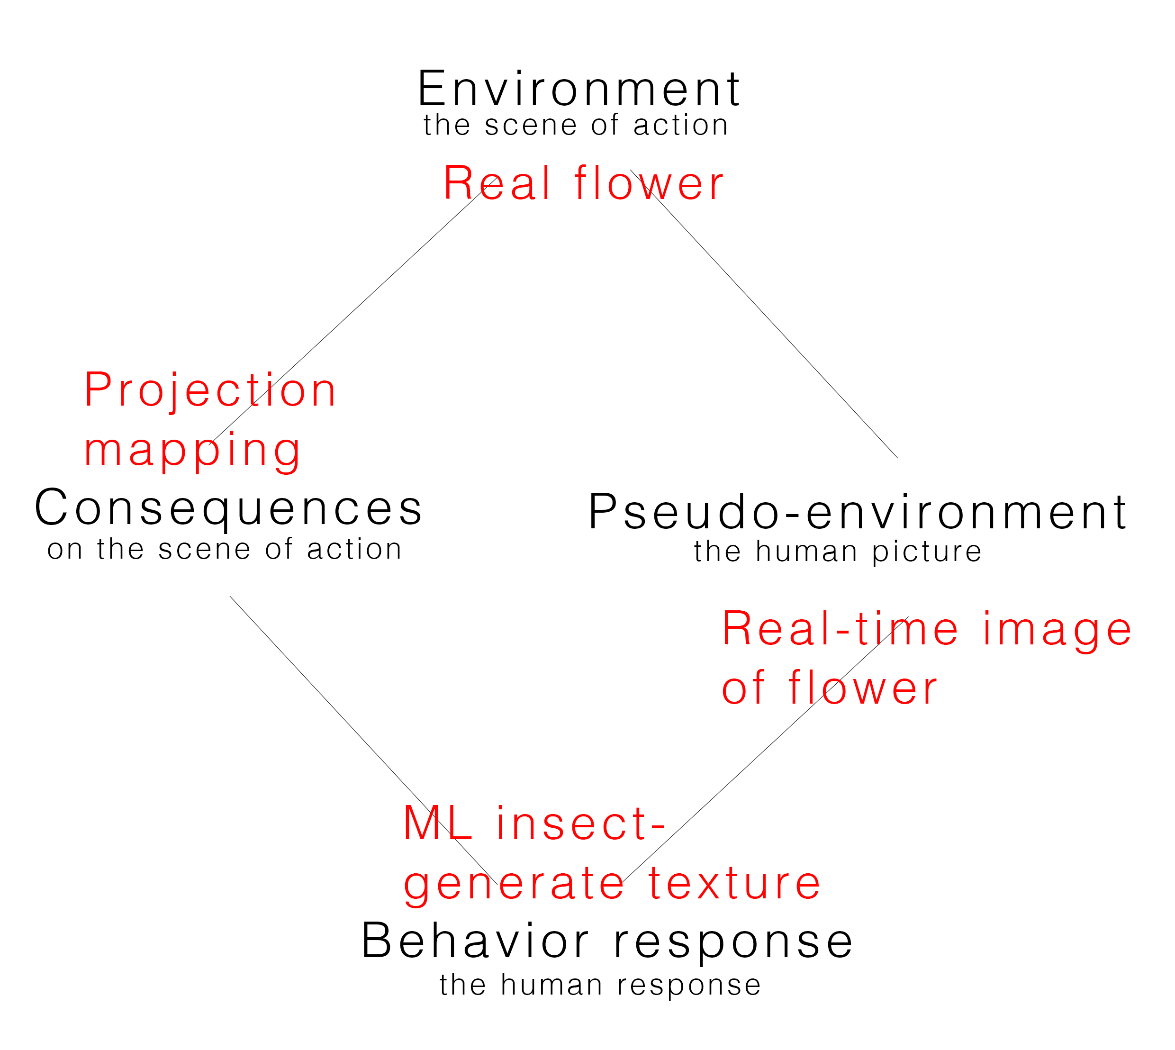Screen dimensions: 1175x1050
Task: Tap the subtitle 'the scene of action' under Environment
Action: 576,125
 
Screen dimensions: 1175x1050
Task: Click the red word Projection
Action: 210,390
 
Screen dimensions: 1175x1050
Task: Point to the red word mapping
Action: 192,451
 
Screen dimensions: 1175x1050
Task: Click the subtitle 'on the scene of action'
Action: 225,549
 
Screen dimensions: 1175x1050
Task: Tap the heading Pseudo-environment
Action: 857,512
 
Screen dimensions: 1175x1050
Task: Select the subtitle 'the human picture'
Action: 838,552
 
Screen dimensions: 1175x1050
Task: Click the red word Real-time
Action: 841,629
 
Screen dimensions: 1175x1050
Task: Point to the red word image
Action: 1057,631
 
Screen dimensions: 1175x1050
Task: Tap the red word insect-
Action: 581,824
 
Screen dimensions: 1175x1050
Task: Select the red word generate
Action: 514,885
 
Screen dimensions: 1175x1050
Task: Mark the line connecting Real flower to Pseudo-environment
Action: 764,313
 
